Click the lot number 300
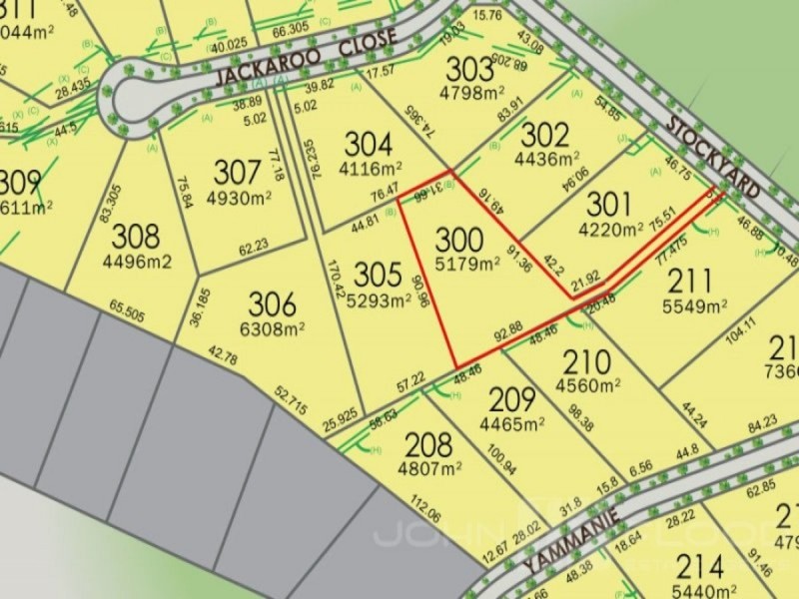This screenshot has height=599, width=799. click(x=460, y=241)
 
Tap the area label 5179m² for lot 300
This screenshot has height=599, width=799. click(x=467, y=265)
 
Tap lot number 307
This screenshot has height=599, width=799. click(x=236, y=171)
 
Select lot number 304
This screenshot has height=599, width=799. click(x=369, y=145)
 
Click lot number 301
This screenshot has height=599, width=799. click(x=608, y=205)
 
